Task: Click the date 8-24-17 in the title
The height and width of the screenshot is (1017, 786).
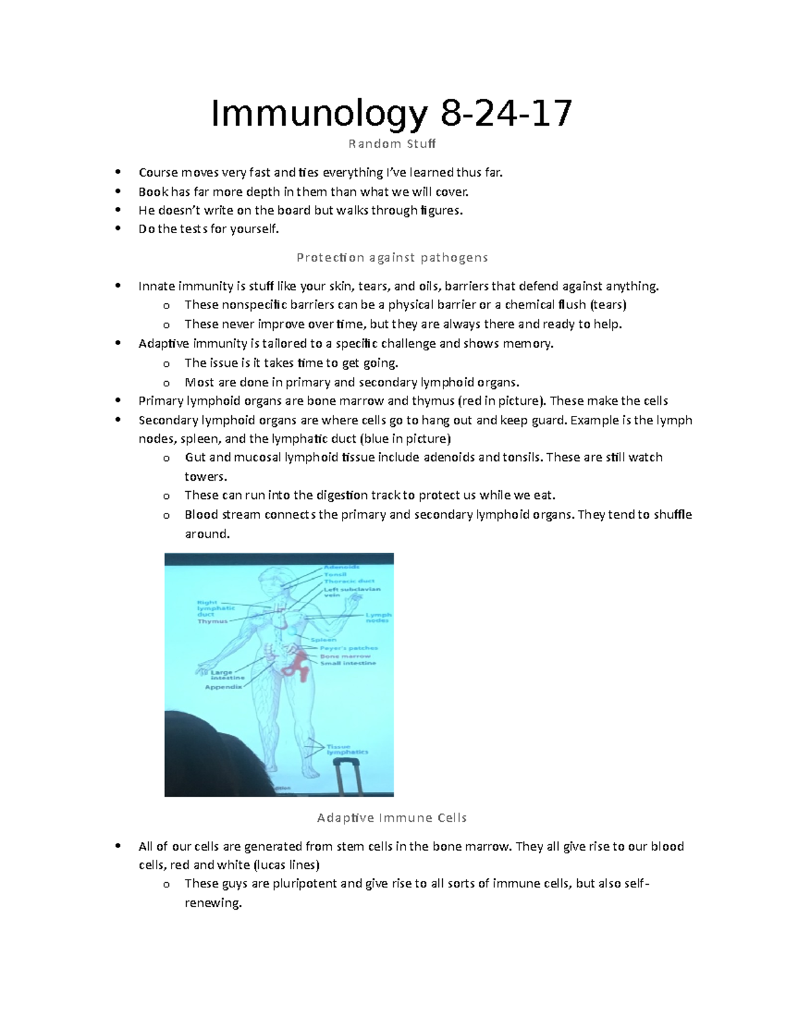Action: pyautogui.click(x=506, y=113)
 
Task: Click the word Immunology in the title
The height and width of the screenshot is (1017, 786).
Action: pyautogui.click(x=318, y=113)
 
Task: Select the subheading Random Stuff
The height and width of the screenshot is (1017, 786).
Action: pyautogui.click(x=392, y=143)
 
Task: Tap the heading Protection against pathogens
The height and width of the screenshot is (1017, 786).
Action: pyautogui.click(x=392, y=257)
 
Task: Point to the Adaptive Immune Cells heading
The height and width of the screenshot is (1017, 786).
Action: pyautogui.click(x=392, y=817)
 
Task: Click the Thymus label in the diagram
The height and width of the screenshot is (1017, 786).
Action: pyautogui.click(x=212, y=621)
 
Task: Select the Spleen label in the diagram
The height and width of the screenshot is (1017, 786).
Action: pyautogui.click(x=324, y=640)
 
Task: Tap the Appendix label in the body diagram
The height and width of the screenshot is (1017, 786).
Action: pyautogui.click(x=223, y=687)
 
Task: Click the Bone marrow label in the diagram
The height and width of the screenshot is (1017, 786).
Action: pyautogui.click(x=345, y=656)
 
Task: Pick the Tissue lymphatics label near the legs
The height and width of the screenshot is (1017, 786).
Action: pyautogui.click(x=347, y=749)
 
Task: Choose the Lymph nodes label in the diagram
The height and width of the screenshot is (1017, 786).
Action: pyautogui.click(x=378, y=618)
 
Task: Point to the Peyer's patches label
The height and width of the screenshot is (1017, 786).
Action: pyautogui.click(x=348, y=648)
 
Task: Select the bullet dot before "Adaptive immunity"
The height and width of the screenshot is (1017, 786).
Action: pyautogui.click(x=118, y=343)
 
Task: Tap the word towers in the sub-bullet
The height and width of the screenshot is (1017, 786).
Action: pyautogui.click(x=205, y=476)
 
